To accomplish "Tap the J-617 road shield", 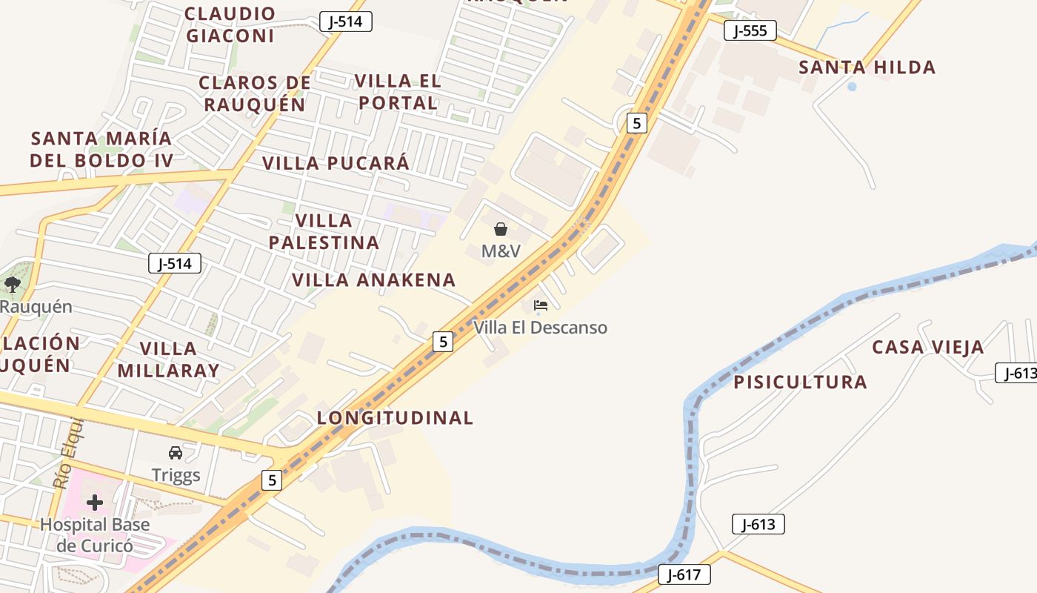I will tap(684, 574).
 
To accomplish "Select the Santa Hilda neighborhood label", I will tap(867, 67).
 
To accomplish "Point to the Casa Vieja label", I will tap(927, 347).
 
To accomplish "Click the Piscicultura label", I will tap(800, 382).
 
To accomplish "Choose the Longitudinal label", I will tap(395, 418).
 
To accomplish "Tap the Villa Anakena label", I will tap(373, 280).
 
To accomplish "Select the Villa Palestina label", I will tap(324, 231).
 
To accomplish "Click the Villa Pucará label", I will tap(336, 163).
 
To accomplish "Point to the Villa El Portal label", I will tap(398, 91).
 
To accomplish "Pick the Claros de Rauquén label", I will tap(255, 93).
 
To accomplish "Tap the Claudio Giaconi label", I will tap(230, 24).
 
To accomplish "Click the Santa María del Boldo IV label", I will tap(101, 149).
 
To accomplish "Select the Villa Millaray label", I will tap(168, 360).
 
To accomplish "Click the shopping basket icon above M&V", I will tap(501, 229).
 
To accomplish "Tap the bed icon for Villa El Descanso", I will tap(540, 305).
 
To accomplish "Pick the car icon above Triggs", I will tap(176, 453).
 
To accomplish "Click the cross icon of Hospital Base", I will tap(95, 503).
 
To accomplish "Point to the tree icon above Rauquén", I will tap(13, 284).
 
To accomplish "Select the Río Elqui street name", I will tap(68, 454).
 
